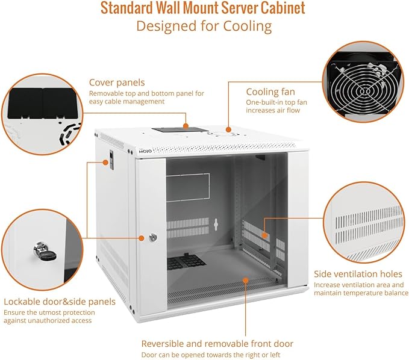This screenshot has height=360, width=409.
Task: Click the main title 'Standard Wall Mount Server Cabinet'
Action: [x=203, y=8]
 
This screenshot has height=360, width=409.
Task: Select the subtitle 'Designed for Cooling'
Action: [x=203, y=26]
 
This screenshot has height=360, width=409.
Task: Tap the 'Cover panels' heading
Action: [x=117, y=82]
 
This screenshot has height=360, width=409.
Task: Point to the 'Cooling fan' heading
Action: [x=270, y=92]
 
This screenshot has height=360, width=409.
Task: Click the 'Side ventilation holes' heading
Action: [x=358, y=274]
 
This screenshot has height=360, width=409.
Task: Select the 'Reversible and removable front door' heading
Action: [x=217, y=343]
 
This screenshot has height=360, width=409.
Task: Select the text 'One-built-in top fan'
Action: [x=276, y=103]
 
